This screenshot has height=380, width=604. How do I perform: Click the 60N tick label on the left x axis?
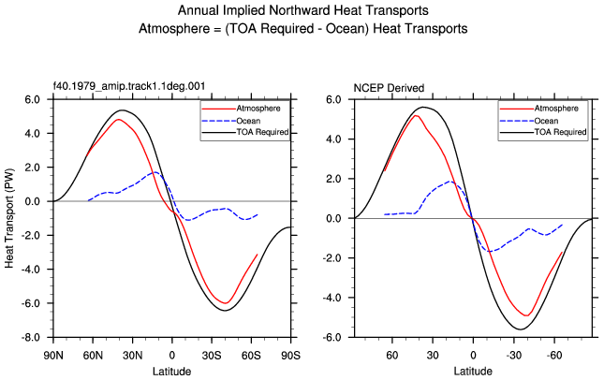93,355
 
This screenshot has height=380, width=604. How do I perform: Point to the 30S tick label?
212,355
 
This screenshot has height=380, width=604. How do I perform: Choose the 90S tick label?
290,355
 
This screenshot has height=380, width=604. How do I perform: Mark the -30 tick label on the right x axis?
513,355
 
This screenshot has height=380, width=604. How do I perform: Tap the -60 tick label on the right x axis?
554,355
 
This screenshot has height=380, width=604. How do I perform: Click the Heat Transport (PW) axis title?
9,218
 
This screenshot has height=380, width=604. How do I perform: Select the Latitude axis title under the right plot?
473,372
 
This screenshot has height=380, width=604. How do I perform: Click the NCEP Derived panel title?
389,88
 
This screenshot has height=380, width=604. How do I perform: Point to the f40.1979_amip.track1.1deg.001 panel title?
129,85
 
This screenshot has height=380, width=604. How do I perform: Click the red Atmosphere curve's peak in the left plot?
119,120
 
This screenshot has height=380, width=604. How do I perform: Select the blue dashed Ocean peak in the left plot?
155,172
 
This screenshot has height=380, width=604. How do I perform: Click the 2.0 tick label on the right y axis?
333,179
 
